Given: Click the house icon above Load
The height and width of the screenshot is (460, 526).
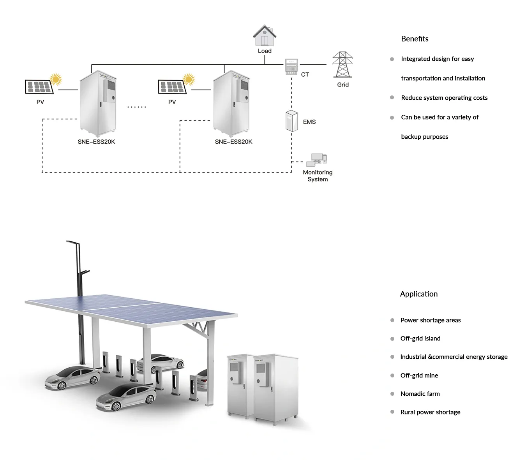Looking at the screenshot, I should coord(265,36).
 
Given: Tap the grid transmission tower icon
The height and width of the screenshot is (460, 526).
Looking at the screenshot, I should coord(342,65).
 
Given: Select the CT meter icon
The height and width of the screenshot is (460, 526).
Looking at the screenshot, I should coord(291,67).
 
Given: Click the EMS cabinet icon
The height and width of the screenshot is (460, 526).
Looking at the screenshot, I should coord(291,121).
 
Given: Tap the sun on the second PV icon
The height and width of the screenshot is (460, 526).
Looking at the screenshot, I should coord(189,79).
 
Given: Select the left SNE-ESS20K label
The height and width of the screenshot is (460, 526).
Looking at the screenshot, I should coord(96,142).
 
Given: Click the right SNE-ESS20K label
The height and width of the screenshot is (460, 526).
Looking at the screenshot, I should coord(233,142).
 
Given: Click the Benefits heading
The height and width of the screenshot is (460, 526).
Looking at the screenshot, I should coord(415,39).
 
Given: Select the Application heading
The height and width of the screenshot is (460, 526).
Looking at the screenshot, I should coord(418,294).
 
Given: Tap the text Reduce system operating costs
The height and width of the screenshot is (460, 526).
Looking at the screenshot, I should coord(444,98).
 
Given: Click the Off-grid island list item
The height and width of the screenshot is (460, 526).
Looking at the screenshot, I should coord(420,338).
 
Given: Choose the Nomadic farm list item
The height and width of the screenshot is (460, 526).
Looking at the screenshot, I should coord(420,394).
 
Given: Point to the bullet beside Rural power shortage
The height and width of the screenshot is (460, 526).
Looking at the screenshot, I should coord(392,412).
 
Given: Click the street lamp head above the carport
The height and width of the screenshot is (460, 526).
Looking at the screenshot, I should coord(73,243).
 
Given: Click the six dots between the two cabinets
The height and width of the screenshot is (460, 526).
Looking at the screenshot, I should coord(136,107).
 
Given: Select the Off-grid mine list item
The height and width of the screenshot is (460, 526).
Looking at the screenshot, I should coord(419,375).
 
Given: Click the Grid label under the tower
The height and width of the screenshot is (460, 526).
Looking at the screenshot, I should coord(343,85).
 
